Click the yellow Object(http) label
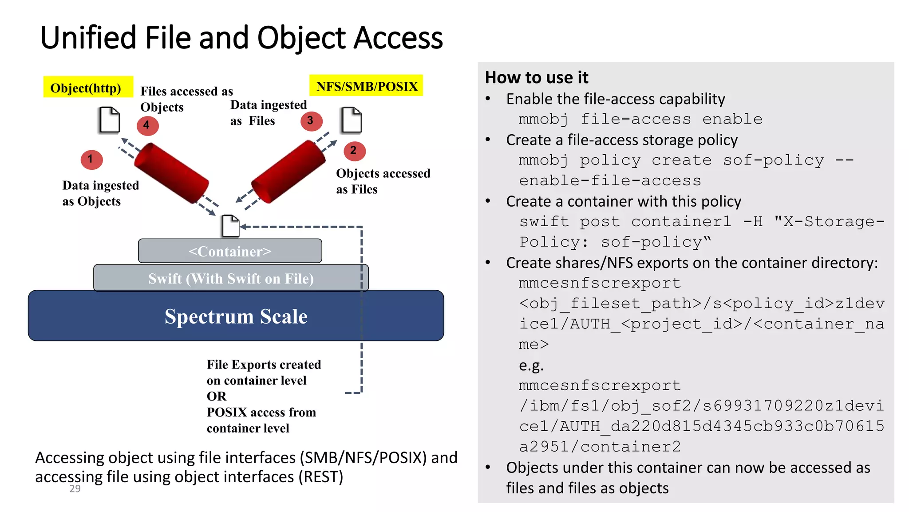coord(88,87)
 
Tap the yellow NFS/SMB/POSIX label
coord(366,86)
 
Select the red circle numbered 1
coord(91,160)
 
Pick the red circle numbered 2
coord(354,151)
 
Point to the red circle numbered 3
coord(311,121)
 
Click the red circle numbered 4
coord(147,126)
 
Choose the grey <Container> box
coord(230,251)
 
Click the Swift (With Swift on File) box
coord(231,278)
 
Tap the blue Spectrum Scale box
coord(236,316)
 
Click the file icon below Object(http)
coord(110,120)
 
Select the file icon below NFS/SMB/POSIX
coord(352,120)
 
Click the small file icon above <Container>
coord(230,226)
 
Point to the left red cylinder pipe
coord(171,173)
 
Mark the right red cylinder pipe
coord(289,171)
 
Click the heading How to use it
coord(536,77)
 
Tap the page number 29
coord(75,489)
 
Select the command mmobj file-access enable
coord(640,119)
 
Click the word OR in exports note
coord(216,396)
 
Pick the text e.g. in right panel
coord(531,365)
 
